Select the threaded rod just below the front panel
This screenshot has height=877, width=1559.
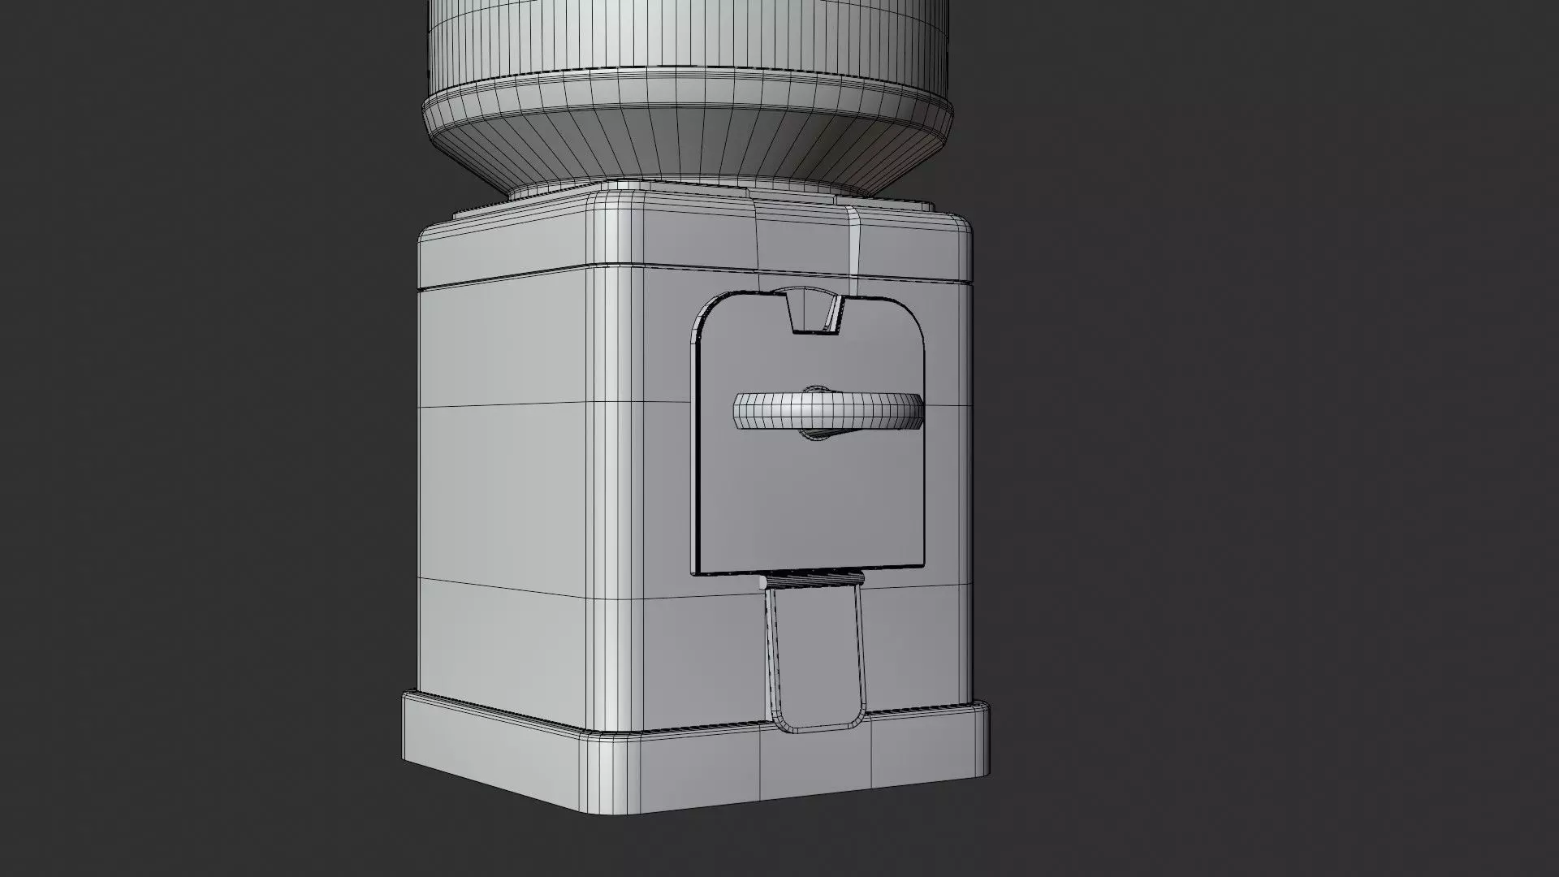tap(812, 580)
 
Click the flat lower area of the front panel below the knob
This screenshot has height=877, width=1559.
tap(812, 503)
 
